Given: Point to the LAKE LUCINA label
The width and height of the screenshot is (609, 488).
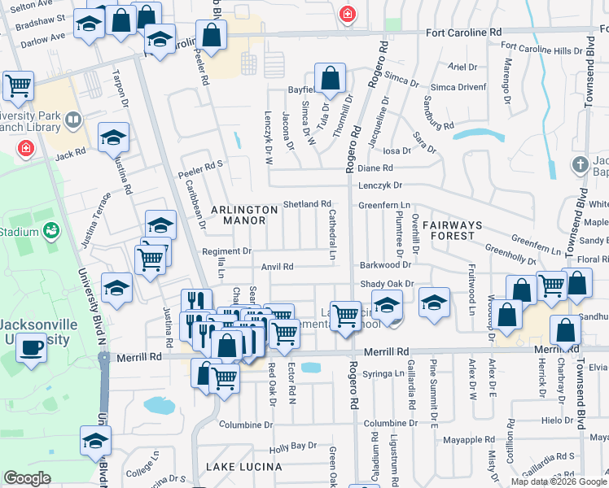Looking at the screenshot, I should pyautogui.click(x=243, y=467).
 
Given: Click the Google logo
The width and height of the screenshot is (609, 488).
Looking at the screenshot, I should pyautogui.click(x=27, y=478).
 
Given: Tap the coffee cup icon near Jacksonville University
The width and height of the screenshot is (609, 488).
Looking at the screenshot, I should pyautogui.click(x=32, y=347).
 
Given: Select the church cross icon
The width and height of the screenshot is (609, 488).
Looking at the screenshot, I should pyautogui.click(x=581, y=164).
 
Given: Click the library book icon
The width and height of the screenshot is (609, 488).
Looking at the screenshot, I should pyautogui.click(x=72, y=121).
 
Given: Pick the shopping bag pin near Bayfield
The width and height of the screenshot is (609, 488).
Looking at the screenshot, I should pyautogui.click(x=331, y=80).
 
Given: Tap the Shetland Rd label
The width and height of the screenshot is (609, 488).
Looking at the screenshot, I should pyautogui.click(x=307, y=204).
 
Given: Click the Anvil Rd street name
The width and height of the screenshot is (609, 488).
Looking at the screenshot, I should pyautogui.click(x=277, y=267).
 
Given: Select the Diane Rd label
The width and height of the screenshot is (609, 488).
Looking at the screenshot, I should pyautogui.click(x=375, y=168).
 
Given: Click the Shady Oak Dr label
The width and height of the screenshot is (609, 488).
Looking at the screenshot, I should pyautogui.click(x=387, y=284).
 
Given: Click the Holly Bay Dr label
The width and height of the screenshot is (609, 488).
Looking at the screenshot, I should pyautogui.click(x=292, y=447).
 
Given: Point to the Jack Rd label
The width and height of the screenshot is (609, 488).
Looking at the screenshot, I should pyautogui.click(x=70, y=154).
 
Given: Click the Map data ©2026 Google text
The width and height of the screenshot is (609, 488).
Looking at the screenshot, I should pyautogui.click(x=558, y=481).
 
